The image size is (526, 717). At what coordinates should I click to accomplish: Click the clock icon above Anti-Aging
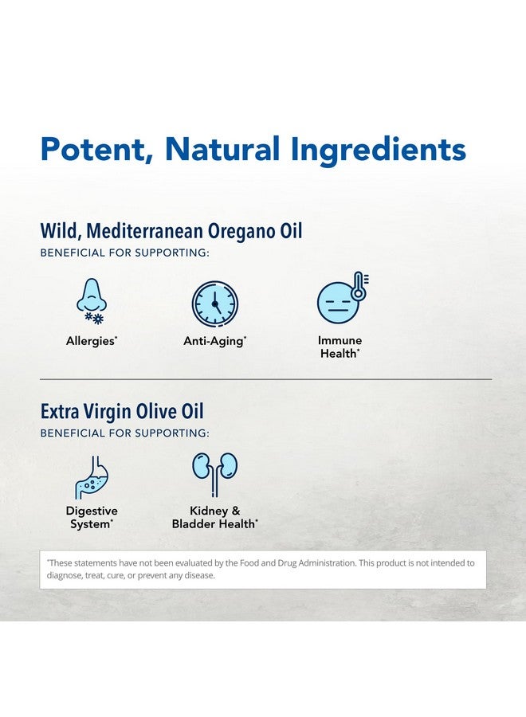[x=214, y=304]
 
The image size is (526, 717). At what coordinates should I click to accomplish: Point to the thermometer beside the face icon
[x=359, y=286]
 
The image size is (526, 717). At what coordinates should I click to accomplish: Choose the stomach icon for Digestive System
[x=91, y=476]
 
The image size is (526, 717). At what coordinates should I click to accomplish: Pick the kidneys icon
[x=214, y=470]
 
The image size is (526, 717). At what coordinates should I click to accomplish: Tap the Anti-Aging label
[x=214, y=341]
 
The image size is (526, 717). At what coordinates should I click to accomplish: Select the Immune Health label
[x=340, y=347]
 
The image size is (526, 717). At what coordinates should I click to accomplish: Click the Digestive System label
[x=92, y=517]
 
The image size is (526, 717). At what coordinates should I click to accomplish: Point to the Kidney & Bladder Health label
[x=214, y=517]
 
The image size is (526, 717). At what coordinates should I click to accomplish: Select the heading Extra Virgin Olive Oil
[x=122, y=412]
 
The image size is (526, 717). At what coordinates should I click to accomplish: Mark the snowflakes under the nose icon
[x=94, y=319]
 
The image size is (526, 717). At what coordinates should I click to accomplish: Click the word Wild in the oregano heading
[x=60, y=231]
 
